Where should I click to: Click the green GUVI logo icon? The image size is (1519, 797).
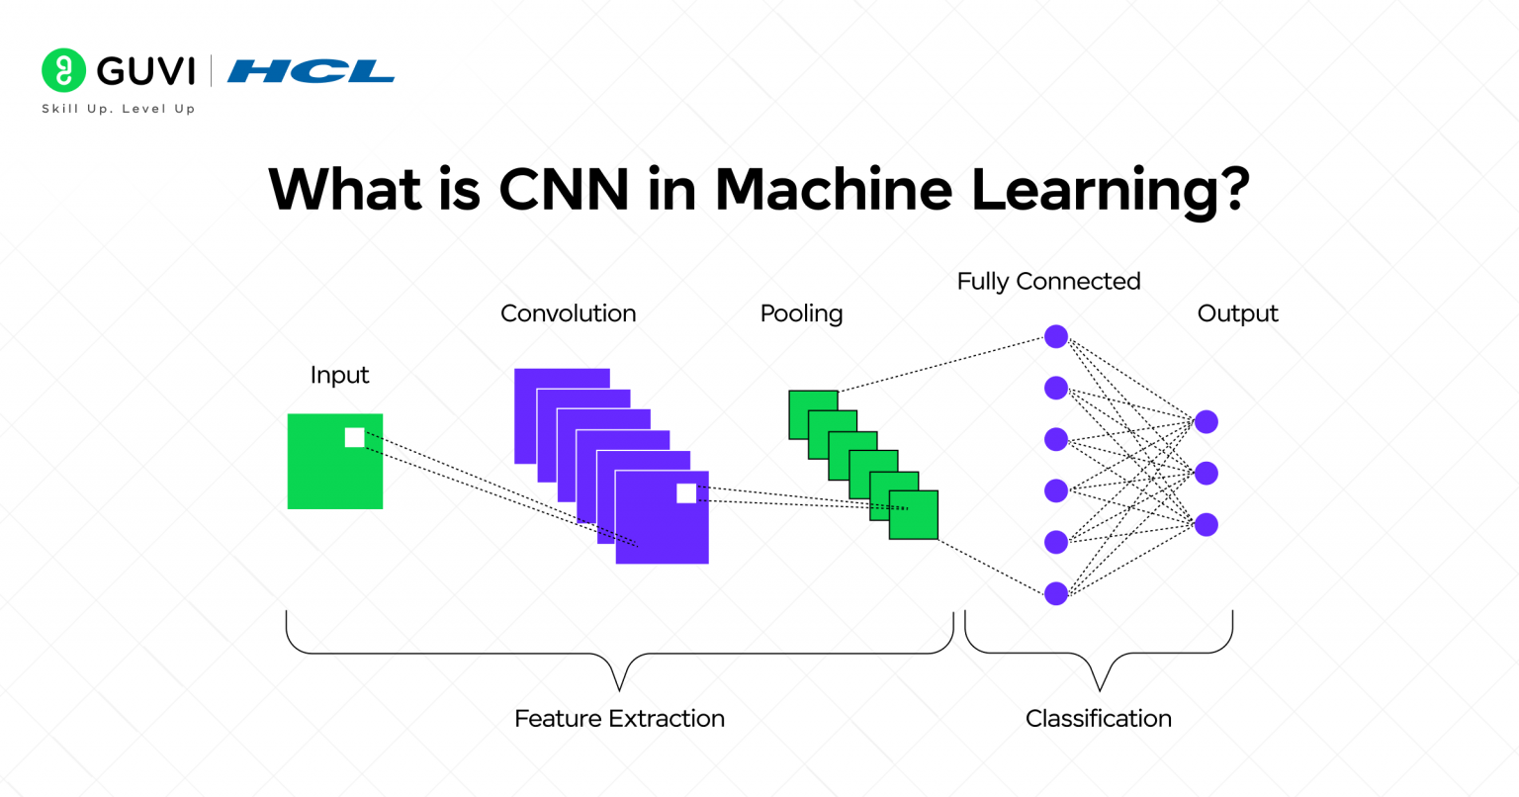(x=63, y=70)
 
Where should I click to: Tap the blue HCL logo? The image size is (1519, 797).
(x=311, y=71)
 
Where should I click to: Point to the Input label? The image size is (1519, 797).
(x=339, y=375)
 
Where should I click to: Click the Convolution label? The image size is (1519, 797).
(x=568, y=313)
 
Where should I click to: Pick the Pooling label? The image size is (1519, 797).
(x=801, y=313)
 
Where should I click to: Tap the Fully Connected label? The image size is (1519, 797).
(x=1048, y=282)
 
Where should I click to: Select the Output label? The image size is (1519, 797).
(x=1237, y=313)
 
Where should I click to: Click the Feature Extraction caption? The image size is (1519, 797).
(x=619, y=719)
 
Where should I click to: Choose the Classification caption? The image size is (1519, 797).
(x=1098, y=719)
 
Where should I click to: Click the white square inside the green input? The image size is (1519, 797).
(x=354, y=437)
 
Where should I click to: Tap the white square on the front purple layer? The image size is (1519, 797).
(x=686, y=493)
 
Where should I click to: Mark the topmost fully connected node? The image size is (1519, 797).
(x=1056, y=336)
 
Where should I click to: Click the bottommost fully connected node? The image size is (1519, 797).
(x=1056, y=593)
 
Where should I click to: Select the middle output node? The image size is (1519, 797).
(x=1206, y=474)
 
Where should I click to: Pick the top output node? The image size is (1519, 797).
(x=1206, y=422)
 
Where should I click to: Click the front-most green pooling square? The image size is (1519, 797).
(x=914, y=515)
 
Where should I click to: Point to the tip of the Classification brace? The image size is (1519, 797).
(x=1099, y=689)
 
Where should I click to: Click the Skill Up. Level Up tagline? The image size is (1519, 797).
(x=119, y=109)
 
